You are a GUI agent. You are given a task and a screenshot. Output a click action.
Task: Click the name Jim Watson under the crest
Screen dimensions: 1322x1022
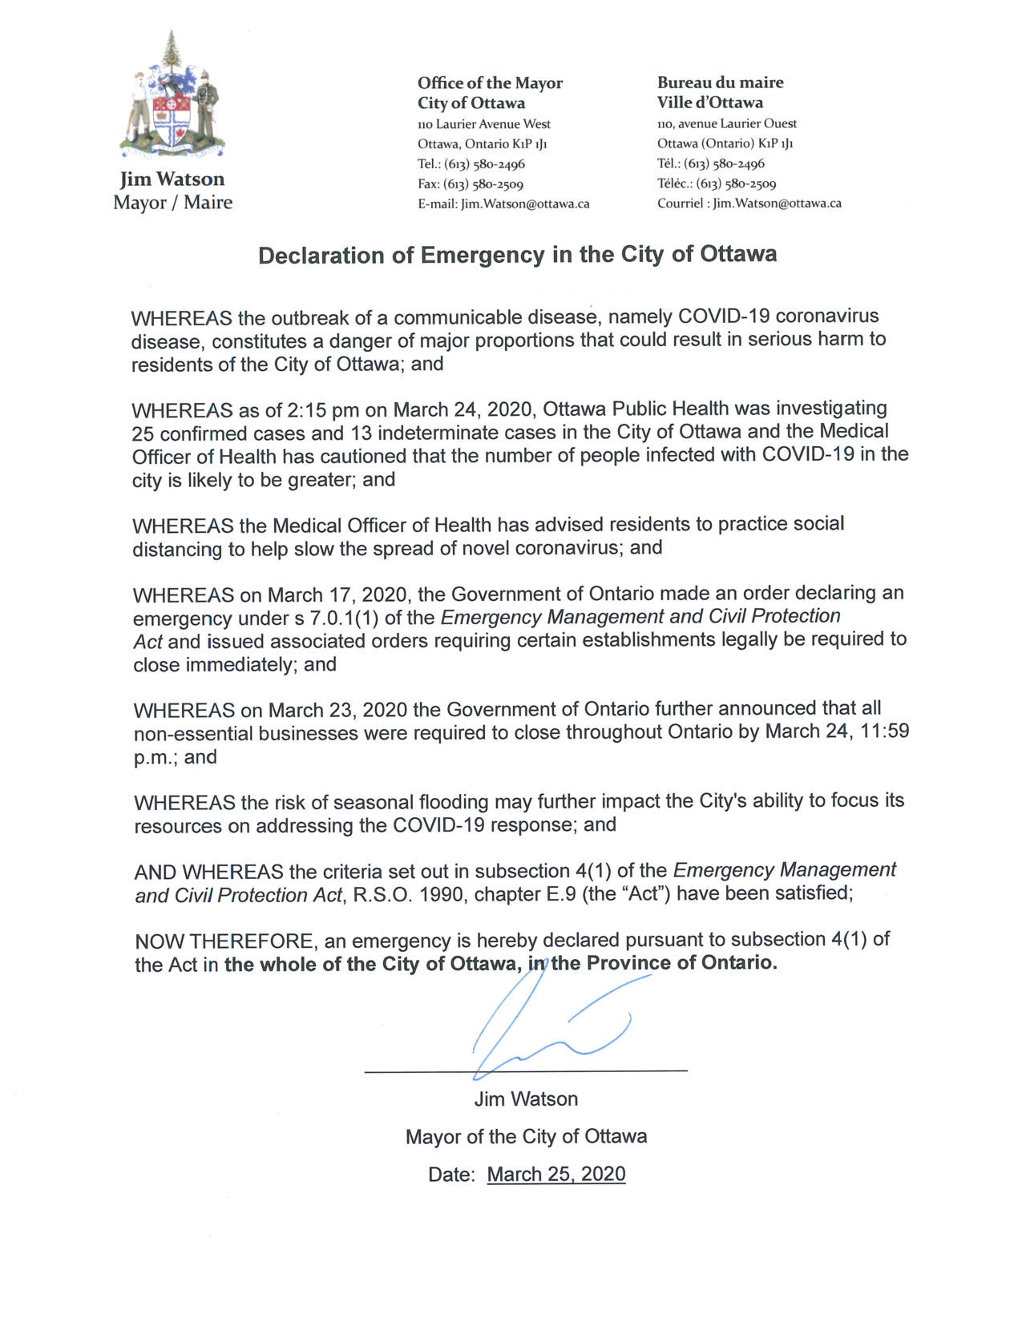[172, 179]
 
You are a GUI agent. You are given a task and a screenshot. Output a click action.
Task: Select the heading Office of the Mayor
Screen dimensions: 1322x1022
[490, 83]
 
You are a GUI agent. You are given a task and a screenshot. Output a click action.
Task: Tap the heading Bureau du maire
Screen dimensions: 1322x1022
[720, 83]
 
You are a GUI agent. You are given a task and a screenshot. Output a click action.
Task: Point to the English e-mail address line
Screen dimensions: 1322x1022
[503, 204]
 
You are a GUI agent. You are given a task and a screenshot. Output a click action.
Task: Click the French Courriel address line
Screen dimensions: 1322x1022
[749, 204]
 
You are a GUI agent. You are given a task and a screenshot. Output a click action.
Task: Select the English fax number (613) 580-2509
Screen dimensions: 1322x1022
[483, 184]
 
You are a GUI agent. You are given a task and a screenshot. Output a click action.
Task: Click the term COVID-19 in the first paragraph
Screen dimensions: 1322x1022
[724, 316]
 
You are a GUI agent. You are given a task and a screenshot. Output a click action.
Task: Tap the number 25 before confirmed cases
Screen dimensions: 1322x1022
[143, 434]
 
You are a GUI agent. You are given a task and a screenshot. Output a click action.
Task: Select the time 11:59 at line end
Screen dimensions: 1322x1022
[885, 732]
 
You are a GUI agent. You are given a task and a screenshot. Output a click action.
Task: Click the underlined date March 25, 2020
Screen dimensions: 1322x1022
[555, 1175]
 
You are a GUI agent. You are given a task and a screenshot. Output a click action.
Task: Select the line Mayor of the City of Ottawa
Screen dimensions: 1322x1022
[526, 1137]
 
